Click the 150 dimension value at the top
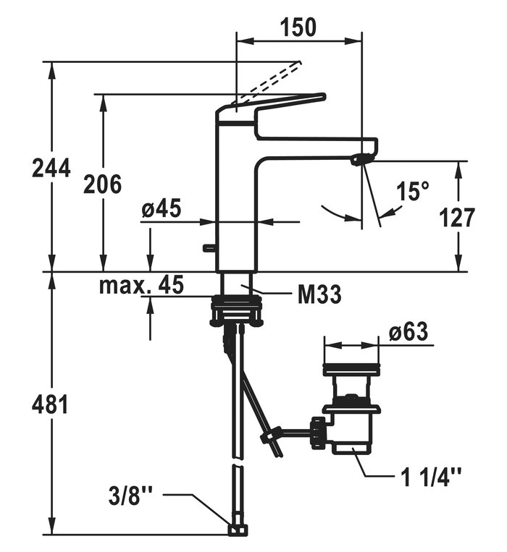click(298, 27)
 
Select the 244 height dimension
click(51, 168)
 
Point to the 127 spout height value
click(458, 217)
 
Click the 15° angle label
click(414, 192)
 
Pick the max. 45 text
click(141, 285)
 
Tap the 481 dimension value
click(51, 404)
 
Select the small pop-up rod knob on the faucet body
click(210, 248)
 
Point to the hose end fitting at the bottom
click(235, 530)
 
